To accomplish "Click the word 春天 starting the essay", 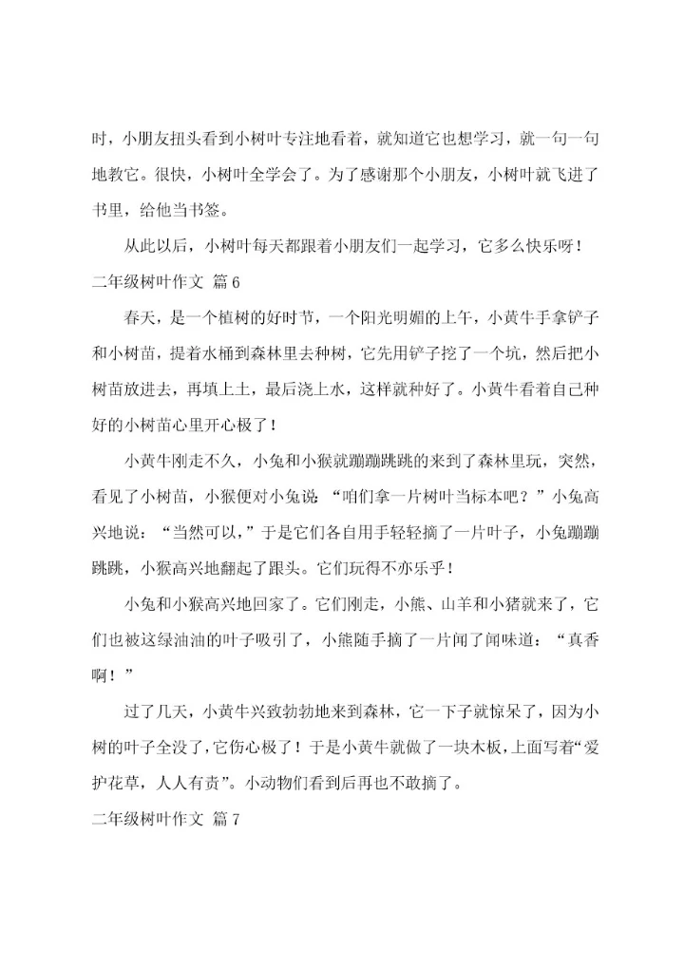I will click(x=142, y=316).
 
